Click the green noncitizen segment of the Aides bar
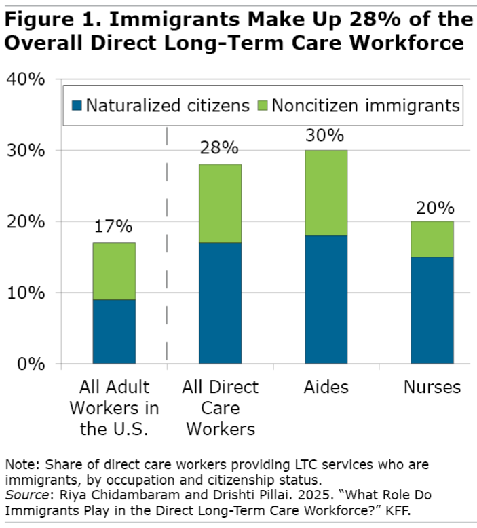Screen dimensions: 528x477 [x=326, y=193]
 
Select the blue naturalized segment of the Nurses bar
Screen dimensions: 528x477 [x=432, y=310]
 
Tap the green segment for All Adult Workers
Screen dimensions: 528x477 [x=114, y=271]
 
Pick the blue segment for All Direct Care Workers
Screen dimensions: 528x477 [x=220, y=303]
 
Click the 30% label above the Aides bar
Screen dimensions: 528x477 [x=326, y=134]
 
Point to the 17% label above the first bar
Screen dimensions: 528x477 [x=114, y=227]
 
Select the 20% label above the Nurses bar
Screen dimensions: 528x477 [x=432, y=206]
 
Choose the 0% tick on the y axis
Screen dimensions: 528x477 [x=31, y=364]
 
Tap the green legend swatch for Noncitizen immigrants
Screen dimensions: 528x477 [x=263, y=106]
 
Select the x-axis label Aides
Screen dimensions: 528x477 [x=326, y=388]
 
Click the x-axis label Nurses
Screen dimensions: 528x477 [x=432, y=388]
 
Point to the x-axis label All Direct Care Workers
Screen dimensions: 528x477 [x=220, y=408]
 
